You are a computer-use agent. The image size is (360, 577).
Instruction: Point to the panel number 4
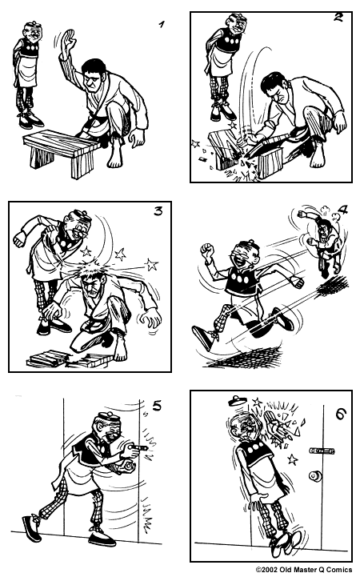(x=343, y=212)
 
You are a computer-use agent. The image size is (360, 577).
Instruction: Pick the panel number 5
(x=157, y=405)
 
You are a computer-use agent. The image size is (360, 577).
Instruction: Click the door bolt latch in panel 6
(x=322, y=451)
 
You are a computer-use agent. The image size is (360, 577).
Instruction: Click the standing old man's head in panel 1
(x=30, y=32)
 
